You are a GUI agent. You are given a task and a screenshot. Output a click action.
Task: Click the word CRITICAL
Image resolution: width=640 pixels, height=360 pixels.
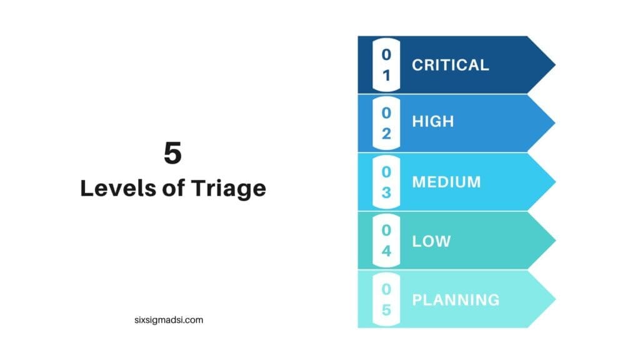450,64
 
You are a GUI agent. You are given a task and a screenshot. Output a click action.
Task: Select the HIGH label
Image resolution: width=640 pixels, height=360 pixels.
432,121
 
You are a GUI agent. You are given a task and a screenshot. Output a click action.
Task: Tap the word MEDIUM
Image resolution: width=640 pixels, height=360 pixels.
446,182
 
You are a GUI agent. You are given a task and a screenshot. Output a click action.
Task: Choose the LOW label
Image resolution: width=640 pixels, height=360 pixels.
431,241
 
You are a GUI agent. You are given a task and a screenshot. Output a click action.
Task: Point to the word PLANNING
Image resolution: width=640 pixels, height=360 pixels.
456,299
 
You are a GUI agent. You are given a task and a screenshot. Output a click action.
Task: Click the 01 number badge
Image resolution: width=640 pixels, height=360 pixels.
386,64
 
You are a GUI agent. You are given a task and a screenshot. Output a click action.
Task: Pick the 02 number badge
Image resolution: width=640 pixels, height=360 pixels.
386,123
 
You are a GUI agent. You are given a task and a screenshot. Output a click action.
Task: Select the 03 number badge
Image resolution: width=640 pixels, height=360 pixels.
386,182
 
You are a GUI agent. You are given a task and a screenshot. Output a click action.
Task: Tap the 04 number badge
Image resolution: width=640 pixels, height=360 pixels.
386,241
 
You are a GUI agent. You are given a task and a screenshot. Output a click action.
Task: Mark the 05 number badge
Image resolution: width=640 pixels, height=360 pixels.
386,299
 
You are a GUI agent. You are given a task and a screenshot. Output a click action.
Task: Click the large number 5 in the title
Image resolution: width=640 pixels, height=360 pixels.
172,153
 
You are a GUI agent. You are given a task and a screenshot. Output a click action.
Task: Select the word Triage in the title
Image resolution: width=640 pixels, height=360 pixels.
234,188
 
